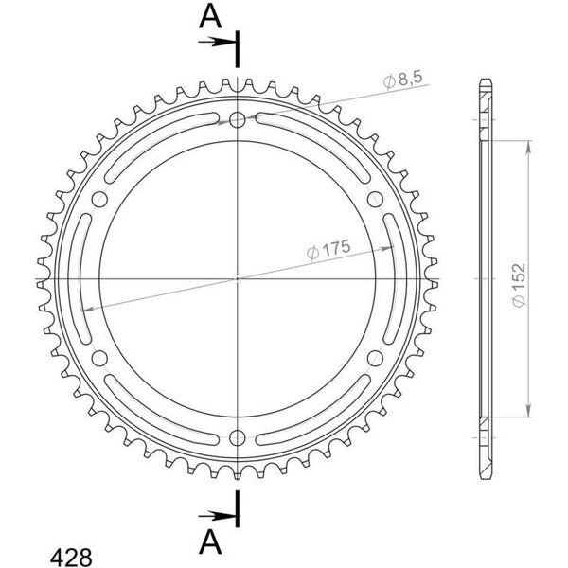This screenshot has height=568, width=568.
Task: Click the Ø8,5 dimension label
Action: point(402,80)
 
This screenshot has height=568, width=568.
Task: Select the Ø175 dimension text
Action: point(328,250)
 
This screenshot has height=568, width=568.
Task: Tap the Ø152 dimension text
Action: point(519,286)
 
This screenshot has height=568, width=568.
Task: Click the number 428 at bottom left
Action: point(71,557)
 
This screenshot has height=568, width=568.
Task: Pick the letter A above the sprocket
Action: point(210,17)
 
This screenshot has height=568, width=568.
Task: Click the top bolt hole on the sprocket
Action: point(238,119)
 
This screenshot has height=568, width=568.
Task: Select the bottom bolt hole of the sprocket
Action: point(238,437)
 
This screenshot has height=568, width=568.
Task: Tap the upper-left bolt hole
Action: point(99,199)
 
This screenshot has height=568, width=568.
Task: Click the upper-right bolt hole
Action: point(375,199)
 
